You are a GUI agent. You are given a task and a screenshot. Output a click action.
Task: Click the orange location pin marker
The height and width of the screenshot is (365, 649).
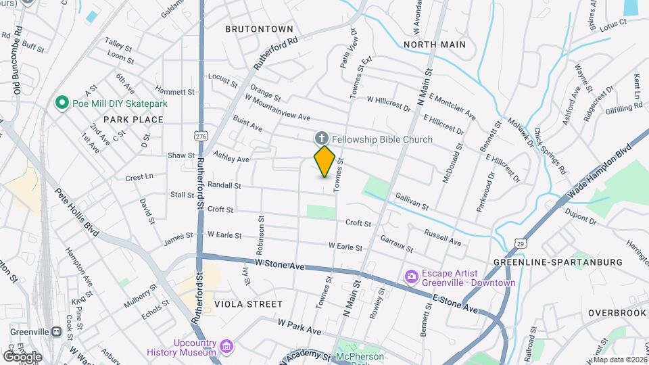tap(324, 162)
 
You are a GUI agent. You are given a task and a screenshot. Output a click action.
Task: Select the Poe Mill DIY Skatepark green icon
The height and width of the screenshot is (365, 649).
tap(62, 103)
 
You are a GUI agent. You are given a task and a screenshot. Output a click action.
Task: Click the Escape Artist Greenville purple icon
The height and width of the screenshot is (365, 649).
tap(411, 277)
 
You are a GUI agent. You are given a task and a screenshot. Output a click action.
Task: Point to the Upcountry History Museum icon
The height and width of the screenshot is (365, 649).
tap(227, 347)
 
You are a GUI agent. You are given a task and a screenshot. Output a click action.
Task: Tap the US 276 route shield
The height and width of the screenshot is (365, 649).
tap(200, 136)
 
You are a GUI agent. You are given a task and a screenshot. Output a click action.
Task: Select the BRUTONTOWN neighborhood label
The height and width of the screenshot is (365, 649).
tap(259, 29)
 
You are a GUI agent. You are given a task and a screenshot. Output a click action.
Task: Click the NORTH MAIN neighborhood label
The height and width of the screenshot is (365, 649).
tap(434, 45)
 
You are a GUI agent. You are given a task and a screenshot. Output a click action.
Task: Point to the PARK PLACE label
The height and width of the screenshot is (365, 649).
tap(133, 120)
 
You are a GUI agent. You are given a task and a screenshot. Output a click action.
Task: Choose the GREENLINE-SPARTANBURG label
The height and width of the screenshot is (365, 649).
tap(558, 262)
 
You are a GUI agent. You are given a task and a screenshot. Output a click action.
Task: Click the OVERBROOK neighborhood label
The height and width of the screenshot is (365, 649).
tap(617, 314)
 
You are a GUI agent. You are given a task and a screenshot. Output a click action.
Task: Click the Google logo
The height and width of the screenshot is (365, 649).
tap(22, 356)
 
